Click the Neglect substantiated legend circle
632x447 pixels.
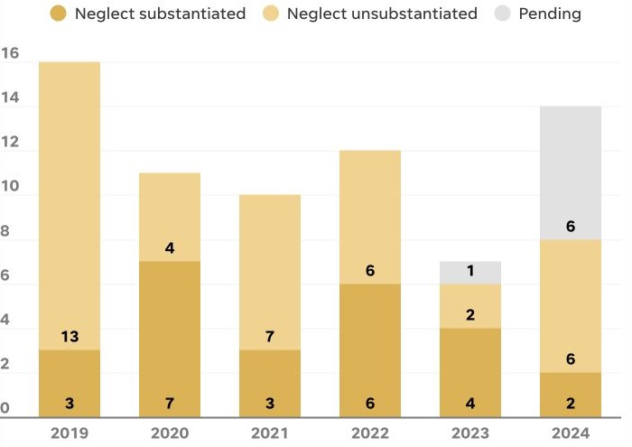point(59,14)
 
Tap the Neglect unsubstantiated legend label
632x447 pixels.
point(382,14)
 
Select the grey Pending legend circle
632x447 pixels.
point(502,14)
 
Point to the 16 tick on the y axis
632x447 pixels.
point(10,52)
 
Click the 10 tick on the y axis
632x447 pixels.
point(10,186)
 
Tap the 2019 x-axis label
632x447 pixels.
point(70,433)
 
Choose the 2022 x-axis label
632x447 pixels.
point(370,433)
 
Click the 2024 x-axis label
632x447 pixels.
point(571,433)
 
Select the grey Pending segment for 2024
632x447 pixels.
point(571,173)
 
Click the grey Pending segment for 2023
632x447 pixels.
point(470,273)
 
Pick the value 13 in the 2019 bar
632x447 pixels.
point(70,336)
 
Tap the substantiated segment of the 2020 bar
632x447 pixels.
point(170,340)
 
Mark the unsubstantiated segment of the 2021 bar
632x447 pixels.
point(270,273)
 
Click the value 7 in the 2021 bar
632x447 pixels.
point(270,336)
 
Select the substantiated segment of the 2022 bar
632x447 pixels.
point(370,350)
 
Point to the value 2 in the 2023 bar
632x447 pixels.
point(470,314)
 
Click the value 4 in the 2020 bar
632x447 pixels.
point(170,247)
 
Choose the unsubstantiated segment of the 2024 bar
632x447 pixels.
point(571,306)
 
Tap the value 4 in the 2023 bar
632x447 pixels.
point(470,403)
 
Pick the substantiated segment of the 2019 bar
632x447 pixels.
point(70,384)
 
